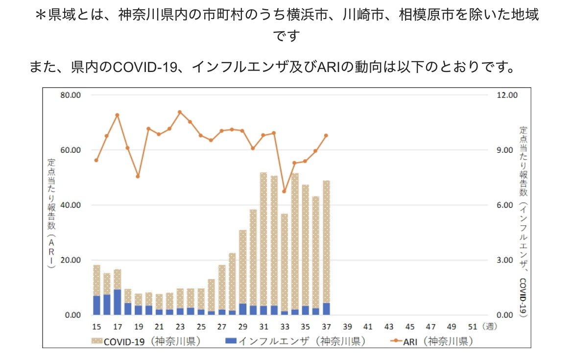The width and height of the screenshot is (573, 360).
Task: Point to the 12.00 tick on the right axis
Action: pyautogui.click(x=507, y=95)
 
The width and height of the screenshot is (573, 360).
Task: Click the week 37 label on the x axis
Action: pyautogui.click(x=326, y=327)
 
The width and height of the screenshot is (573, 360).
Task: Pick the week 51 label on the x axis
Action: pyautogui.click(x=473, y=327)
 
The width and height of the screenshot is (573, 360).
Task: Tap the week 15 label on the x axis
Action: pyautogui.click(x=96, y=327)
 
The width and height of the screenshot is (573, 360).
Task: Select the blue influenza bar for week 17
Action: pyautogui.click(x=117, y=302)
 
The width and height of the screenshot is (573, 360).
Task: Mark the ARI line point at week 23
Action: pyautogui.click(x=180, y=112)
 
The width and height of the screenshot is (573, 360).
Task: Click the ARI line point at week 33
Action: pyautogui.click(x=284, y=191)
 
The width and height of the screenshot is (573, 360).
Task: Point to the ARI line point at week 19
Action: pyautogui.click(x=138, y=176)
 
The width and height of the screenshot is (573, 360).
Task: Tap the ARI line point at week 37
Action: pyautogui.click(x=326, y=136)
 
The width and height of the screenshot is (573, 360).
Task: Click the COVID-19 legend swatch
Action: pyautogui.click(x=95, y=341)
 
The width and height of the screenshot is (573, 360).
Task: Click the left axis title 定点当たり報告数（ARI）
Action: pyautogui.click(x=51, y=211)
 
